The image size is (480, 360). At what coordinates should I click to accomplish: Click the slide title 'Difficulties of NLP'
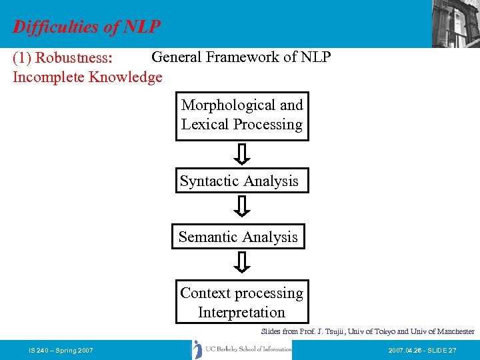[87, 27]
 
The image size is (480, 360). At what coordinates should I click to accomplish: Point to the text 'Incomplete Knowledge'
[87, 77]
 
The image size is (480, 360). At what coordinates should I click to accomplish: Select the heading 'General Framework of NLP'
[241, 57]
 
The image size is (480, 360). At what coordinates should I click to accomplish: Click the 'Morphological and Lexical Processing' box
[242, 115]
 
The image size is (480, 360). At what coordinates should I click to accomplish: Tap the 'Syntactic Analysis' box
[242, 181]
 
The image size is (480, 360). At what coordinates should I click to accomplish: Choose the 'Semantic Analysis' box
[238, 237]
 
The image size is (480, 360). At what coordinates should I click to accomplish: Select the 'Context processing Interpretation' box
[241, 303]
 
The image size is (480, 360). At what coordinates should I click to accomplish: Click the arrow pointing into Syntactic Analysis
[243, 154]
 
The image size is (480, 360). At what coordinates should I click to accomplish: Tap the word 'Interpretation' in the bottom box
[241, 313]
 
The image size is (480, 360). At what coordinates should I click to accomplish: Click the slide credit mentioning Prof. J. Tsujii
[367, 331]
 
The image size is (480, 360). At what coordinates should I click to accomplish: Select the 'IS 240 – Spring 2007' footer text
[61, 350]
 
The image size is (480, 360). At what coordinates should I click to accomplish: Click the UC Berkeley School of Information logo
[242, 349]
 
